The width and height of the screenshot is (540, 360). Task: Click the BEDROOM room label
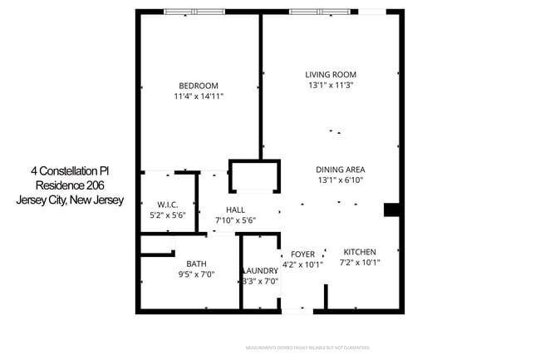pyautogui.click(x=199, y=86)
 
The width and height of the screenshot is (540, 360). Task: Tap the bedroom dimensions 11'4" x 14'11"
pyautogui.click(x=199, y=96)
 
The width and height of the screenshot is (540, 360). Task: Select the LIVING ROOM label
pyautogui.click(x=331, y=74)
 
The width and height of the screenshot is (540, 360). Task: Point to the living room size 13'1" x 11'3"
pyautogui.click(x=331, y=85)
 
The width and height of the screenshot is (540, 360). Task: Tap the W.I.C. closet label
pyautogui.click(x=169, y=204)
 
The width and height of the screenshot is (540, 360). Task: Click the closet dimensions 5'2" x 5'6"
pyautogui.click(x=169, y=215)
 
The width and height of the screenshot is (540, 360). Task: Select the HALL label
pyautogui.click(x=235, y=210)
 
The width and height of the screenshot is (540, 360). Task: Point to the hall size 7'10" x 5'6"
pyautogui.click(x=235, y=220)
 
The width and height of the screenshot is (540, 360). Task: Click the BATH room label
pyautogui.click(x=196, y=264)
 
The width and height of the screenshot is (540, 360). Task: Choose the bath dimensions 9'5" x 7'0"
pyautogui.click(x=196, y=274)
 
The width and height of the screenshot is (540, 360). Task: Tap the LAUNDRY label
pyautogui.click(x=260, y=271)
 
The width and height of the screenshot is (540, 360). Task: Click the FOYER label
pyautogui.click(x=302, y=254)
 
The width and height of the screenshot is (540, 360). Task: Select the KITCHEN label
pyautogui.click(x=360, y=252)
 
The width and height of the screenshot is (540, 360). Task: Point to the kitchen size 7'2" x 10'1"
pyautogui.click(x=360, y=263)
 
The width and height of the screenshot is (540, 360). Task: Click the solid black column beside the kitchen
pyautogui.click(x=391, y=210)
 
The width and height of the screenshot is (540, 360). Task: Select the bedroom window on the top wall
pyautogui.click(x=194, y=12)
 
